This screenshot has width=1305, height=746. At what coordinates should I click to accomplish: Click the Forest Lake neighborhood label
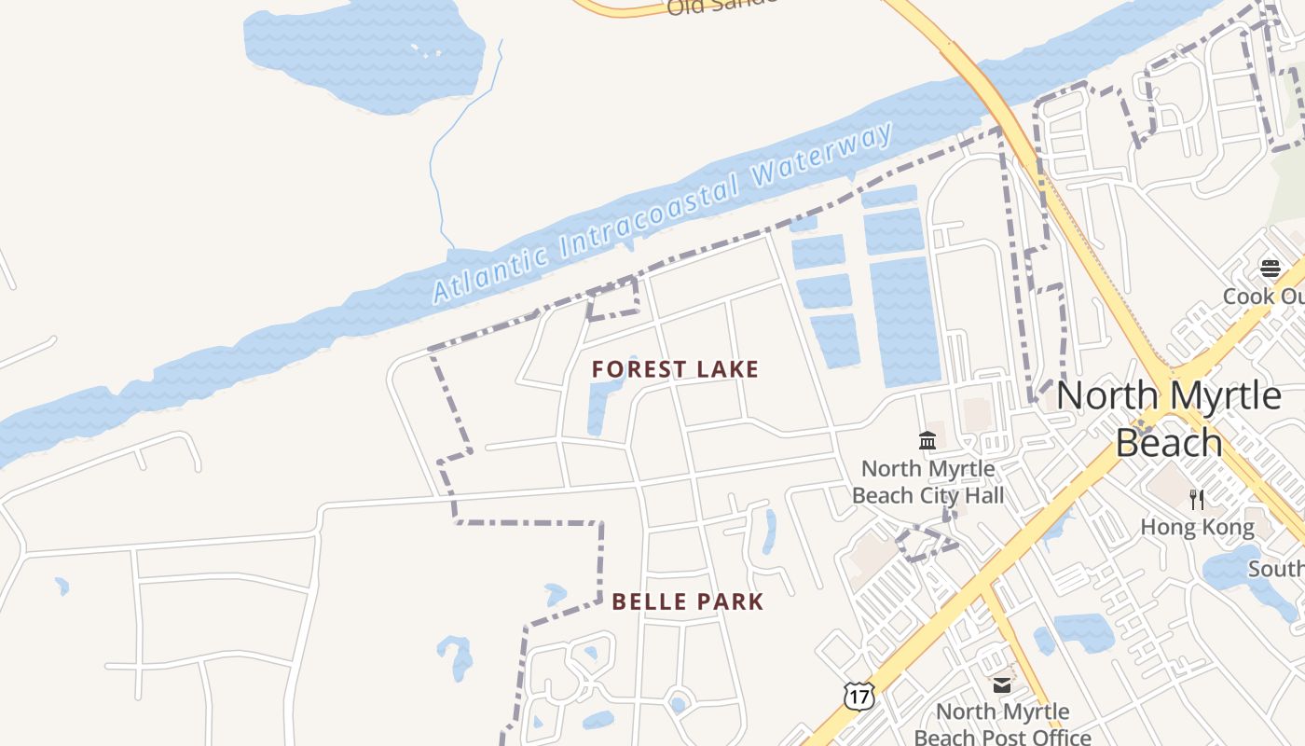(675, 369)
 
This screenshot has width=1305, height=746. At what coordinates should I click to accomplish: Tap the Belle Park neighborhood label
(688, 601)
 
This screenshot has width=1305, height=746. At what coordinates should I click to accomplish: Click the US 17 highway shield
(859, 695)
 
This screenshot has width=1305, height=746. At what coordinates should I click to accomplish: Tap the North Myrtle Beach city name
(1169, 419)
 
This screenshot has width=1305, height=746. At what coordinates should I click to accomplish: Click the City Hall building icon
(927, 440)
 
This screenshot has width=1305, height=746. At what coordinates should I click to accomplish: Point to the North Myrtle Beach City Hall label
(928, 481)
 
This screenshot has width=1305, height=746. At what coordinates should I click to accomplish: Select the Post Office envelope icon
(1002, 685)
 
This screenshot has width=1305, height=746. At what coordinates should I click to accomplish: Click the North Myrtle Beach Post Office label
(1002, 725)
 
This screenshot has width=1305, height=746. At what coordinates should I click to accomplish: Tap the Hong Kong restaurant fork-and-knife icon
(1197, 499)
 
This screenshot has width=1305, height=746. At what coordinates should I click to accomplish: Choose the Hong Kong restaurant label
(1197, 528)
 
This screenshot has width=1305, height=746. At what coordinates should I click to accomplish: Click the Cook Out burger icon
(1270, 269)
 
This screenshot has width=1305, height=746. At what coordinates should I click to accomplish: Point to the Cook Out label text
(1264, 296)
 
